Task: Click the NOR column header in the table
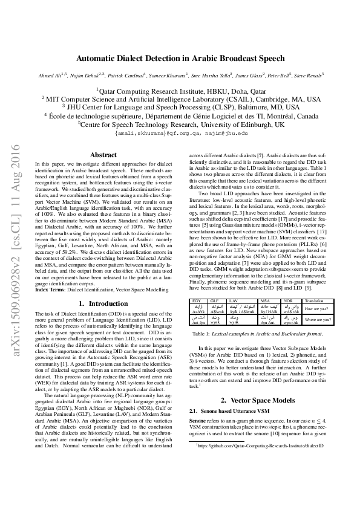tap(288, 300)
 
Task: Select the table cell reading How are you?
tap(316, 308)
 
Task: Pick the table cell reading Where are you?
tap(316, 319)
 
